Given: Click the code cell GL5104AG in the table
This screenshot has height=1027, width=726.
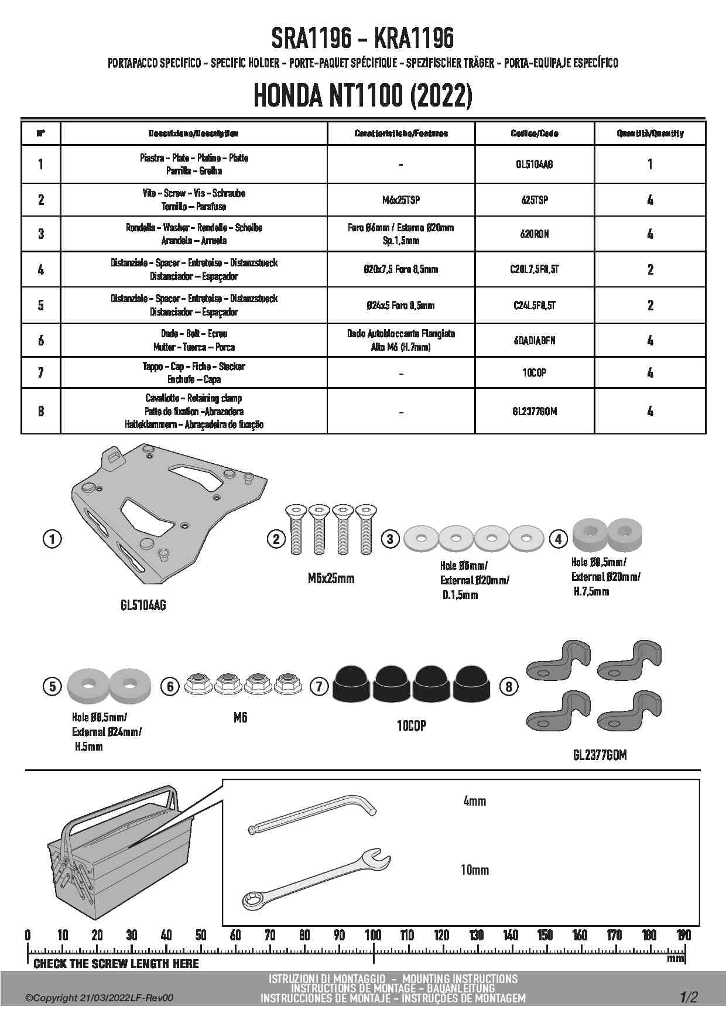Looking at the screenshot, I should point(534,165).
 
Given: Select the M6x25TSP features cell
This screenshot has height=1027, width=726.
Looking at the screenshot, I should point(400,200).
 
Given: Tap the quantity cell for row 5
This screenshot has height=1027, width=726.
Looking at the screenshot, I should point(650,305).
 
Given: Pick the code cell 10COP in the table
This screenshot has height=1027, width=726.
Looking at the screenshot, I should point(534,372).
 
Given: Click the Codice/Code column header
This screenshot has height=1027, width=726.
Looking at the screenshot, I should point(534,133).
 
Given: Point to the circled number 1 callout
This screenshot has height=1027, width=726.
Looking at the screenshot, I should point(52,539).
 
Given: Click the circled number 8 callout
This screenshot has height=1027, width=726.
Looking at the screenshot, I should point(509,686).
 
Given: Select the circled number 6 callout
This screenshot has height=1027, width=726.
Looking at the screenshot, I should point(170,686).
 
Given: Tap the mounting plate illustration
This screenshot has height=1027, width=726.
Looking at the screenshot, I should point(170,509).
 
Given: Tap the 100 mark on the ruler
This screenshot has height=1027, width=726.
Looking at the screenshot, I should point(373,935).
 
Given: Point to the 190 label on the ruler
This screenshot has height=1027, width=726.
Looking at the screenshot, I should point(683,935).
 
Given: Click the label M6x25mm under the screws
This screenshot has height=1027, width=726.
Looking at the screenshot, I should point(331,578).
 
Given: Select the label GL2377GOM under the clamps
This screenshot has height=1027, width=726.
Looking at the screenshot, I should point(600,755).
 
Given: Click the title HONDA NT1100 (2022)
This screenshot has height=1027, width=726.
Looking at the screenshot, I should point(363,97).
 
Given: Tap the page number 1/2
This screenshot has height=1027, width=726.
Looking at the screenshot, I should point(689,997).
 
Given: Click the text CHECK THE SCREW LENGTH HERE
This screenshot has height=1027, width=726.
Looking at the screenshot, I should point(117,963).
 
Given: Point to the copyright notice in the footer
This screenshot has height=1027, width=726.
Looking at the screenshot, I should point(100,998).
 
